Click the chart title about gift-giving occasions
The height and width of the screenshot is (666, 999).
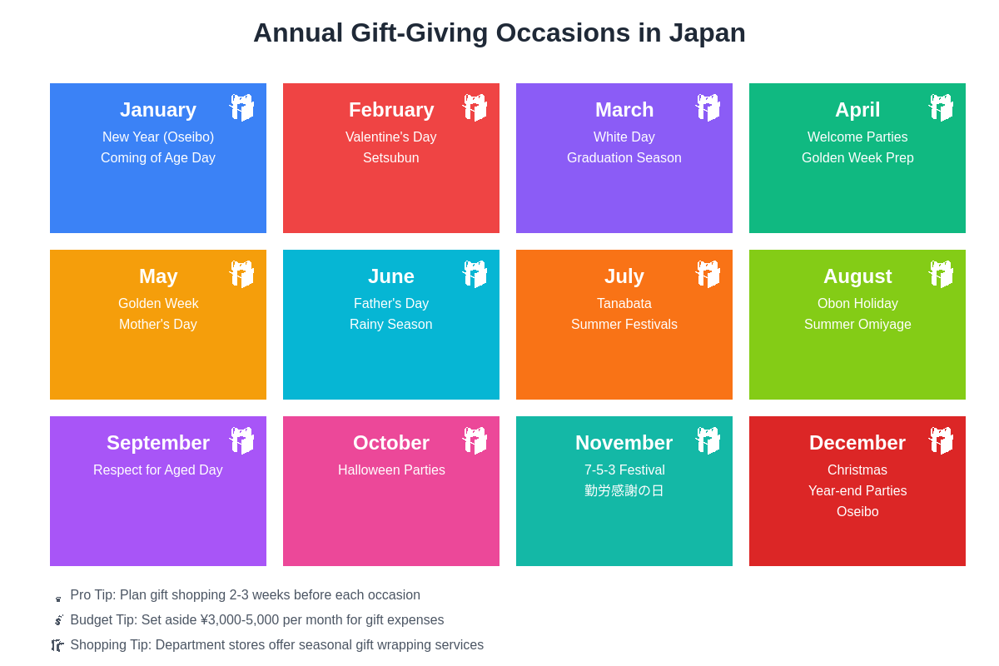(x=499, y=33)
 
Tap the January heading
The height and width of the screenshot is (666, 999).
(x=158, y=110)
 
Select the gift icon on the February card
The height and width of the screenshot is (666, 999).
(x=475, y=107)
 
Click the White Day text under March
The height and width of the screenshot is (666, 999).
(x=624, y=137)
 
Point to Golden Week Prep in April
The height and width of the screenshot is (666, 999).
(x=857, y=158)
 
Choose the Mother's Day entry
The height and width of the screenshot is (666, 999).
(x=158, y=325)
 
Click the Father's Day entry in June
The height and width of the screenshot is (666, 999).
(x=391, y=304)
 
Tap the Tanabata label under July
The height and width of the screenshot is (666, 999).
(x=624, y=304)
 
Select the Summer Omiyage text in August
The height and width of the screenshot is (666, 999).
(x=857, y=325)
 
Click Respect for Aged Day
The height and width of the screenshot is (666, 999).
(x=158, y=470)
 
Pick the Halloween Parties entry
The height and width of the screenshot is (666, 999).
(x=391, y=470)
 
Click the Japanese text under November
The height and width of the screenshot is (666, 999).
(x=624, y=491)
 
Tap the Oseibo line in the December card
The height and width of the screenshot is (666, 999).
(x=857, y=512)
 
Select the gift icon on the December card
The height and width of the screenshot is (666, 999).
(x=941, y=440)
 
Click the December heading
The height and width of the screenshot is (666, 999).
(x=857, y=443)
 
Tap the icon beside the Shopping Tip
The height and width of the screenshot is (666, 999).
(x=57, y=645)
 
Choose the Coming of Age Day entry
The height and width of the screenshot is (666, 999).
(x=158, y=158)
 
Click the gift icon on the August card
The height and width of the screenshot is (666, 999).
(x=941, y=274)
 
